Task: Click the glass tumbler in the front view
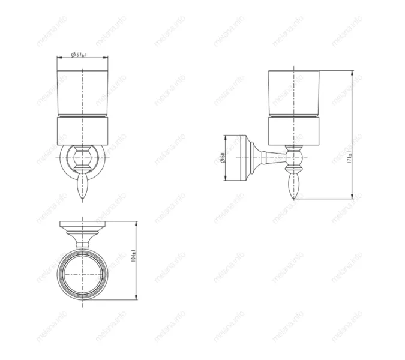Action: point(83,93)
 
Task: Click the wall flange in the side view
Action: point(245,158)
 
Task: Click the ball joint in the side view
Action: point(295,158)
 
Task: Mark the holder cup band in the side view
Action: point(294,131)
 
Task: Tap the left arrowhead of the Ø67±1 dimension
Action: point(59,58)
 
